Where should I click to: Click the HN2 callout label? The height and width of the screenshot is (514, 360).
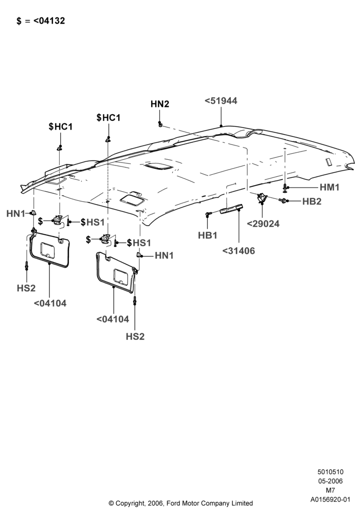click(159, 104)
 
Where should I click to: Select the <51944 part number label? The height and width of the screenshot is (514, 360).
click(221, 101)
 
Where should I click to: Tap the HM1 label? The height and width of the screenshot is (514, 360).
click(330, 187)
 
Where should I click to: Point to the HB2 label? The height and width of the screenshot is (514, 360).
click(312, 201)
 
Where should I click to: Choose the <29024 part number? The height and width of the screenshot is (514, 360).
click(263, 224)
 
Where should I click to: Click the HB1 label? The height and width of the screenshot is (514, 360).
click(208, 235)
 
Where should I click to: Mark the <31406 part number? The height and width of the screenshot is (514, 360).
click(238, 251)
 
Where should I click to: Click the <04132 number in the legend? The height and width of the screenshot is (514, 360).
click(49, 21)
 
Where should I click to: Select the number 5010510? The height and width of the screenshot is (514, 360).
click(330, 472)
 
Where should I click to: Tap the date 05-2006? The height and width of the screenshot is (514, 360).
click(330, 481)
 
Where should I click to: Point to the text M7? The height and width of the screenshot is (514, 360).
click(330, 490)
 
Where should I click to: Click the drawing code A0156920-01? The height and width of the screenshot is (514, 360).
click(330, 500)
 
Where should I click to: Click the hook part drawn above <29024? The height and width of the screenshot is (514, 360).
click(262, 198)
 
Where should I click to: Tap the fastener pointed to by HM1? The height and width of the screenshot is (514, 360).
click(285, 188)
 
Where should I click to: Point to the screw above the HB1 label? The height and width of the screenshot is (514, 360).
click(208, 214)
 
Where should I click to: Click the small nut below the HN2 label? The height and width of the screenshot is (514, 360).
click(160, 124)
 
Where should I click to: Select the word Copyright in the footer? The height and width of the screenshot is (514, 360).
click(130, 503)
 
